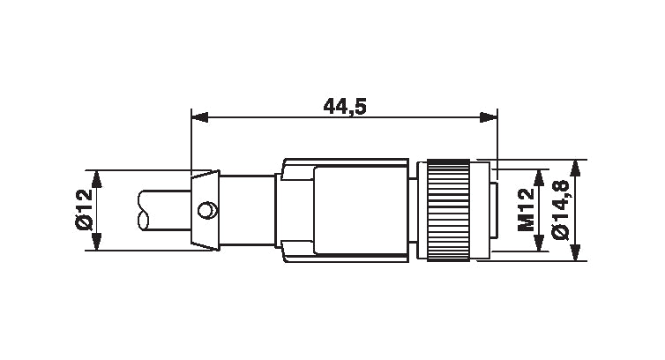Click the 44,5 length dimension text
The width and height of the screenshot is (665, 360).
pos(345,107)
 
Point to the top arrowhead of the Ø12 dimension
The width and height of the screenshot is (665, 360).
pos(98,176)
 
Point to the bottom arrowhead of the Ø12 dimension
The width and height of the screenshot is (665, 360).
pos(98,244)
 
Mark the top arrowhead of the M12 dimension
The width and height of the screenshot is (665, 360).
pos(540,174)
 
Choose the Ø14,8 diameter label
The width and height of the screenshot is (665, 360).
pos(559,210)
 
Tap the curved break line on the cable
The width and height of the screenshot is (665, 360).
pos(145,210)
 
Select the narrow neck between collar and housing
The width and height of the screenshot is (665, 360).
pos(247,210)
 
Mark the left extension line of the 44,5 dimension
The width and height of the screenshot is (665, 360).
pos(191,141)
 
